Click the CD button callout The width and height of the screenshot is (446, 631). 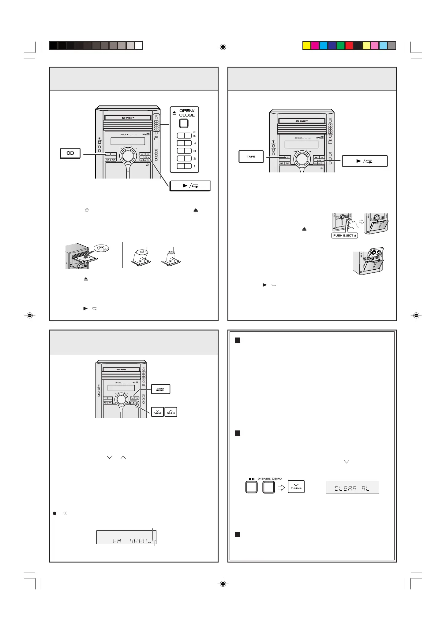[70, 153]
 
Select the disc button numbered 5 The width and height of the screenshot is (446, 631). [184, 136]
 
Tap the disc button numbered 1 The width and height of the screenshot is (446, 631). [184, 166]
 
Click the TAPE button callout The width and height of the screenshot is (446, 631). [251, 157]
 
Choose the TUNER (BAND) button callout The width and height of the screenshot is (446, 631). [160, 389]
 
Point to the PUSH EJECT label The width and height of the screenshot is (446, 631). [345, 235]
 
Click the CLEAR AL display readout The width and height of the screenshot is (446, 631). [352, 488]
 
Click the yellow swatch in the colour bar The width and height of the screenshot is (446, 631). [306, 46]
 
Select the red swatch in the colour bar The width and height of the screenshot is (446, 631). [349, 46]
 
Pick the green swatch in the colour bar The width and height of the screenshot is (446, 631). [341, 46]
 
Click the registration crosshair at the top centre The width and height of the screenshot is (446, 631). [223, 47]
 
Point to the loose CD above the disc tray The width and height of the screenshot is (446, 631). [101, 248]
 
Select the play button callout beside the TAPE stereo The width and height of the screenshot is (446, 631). [364, 161]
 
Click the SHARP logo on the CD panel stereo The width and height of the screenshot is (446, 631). [128, 118]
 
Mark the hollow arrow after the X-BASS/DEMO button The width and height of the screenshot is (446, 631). [281, 488]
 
